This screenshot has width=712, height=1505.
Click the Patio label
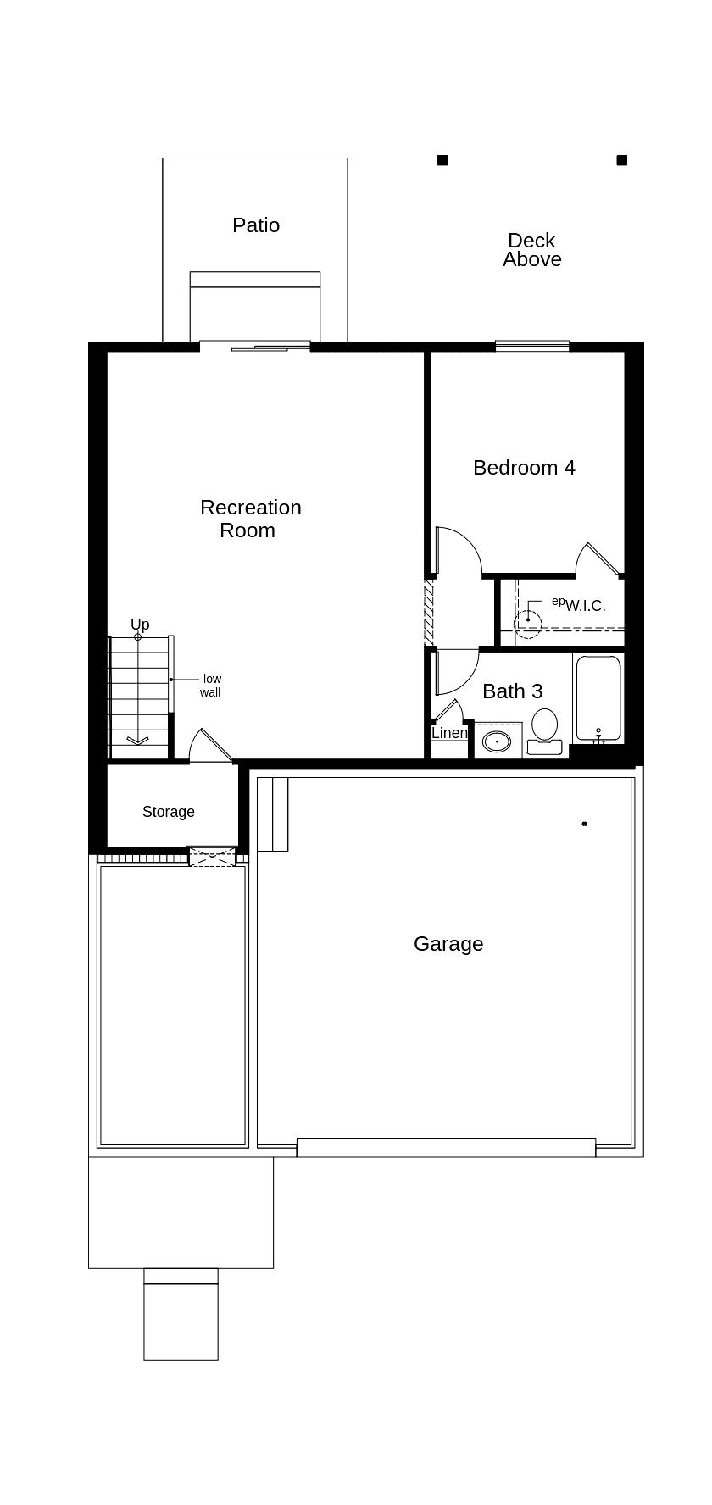pyautogui.click(x=256, y=225)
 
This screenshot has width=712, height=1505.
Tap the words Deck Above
pyautogui.click(x=531, y=250)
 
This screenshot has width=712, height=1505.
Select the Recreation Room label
pyautogui.click(x=250, y=519)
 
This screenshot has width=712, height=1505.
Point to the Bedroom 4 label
pyautogui.click(x=524, y=468)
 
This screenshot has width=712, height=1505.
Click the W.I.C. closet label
pyautogui.click(x=585, y=606)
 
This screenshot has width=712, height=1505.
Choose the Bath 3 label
pyautogui.click(x=512, y=691)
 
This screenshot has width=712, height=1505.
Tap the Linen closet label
pyautogui.click(x=448, y=733)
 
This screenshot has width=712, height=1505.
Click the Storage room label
pyautogui.click(x=168, y=812)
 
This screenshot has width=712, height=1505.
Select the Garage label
pyautogui.click(x=448, y=944)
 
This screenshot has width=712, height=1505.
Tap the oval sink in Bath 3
pyautogui.click(x=497, y=742)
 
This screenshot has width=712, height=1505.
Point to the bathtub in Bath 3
pyautogui.click(x=598, y=699)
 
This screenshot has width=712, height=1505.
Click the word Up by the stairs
pyautogui.click(x=140, y=625)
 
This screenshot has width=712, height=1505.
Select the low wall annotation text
pyautogui.click(x=211, y=686)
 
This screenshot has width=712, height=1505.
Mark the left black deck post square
pyautogui.click(x=442, y=160)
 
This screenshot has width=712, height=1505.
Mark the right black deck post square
pyautogui.click(x=622, y=160)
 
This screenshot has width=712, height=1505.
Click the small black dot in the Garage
pyautogui.click(x=584, y=824)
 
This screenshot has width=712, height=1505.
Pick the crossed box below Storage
pyautogui.click(x=212, y=857)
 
